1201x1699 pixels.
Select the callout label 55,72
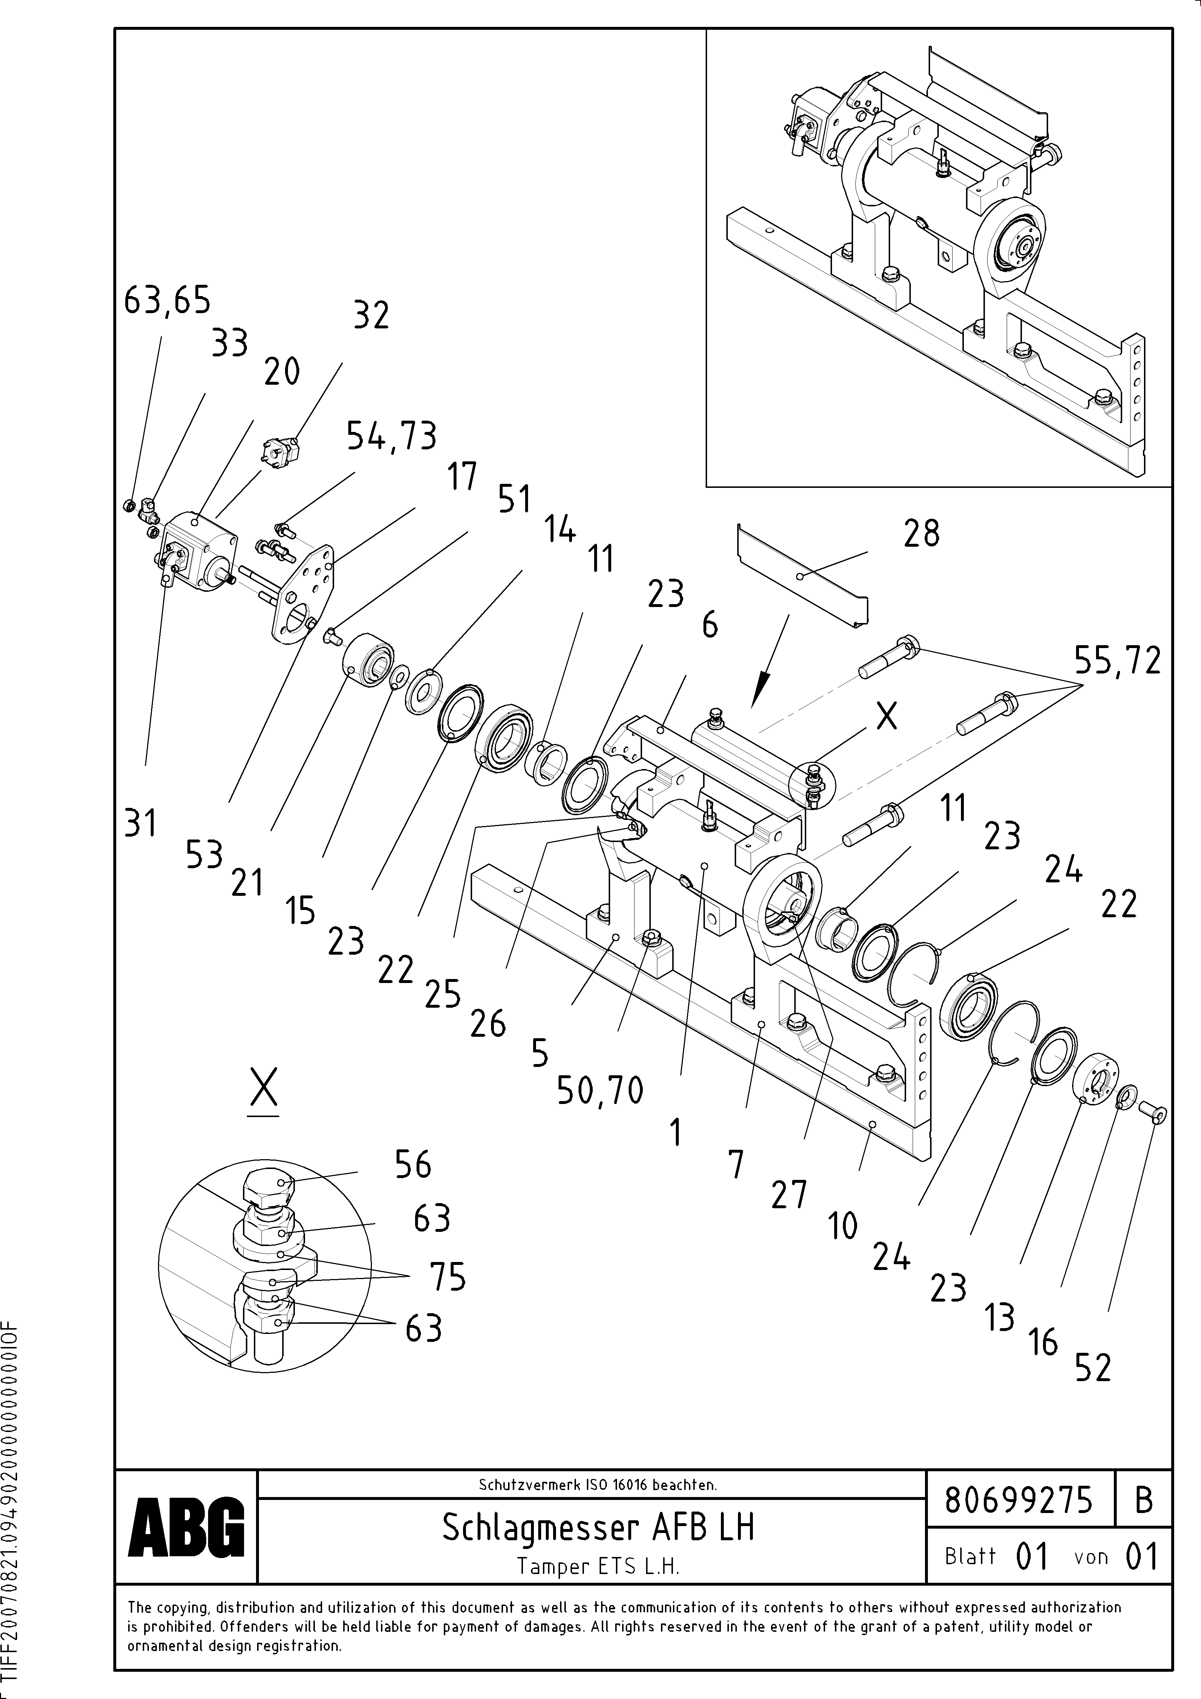1117,661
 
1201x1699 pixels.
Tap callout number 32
371,316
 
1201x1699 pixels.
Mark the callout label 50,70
600,1090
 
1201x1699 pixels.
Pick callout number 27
789,1195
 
